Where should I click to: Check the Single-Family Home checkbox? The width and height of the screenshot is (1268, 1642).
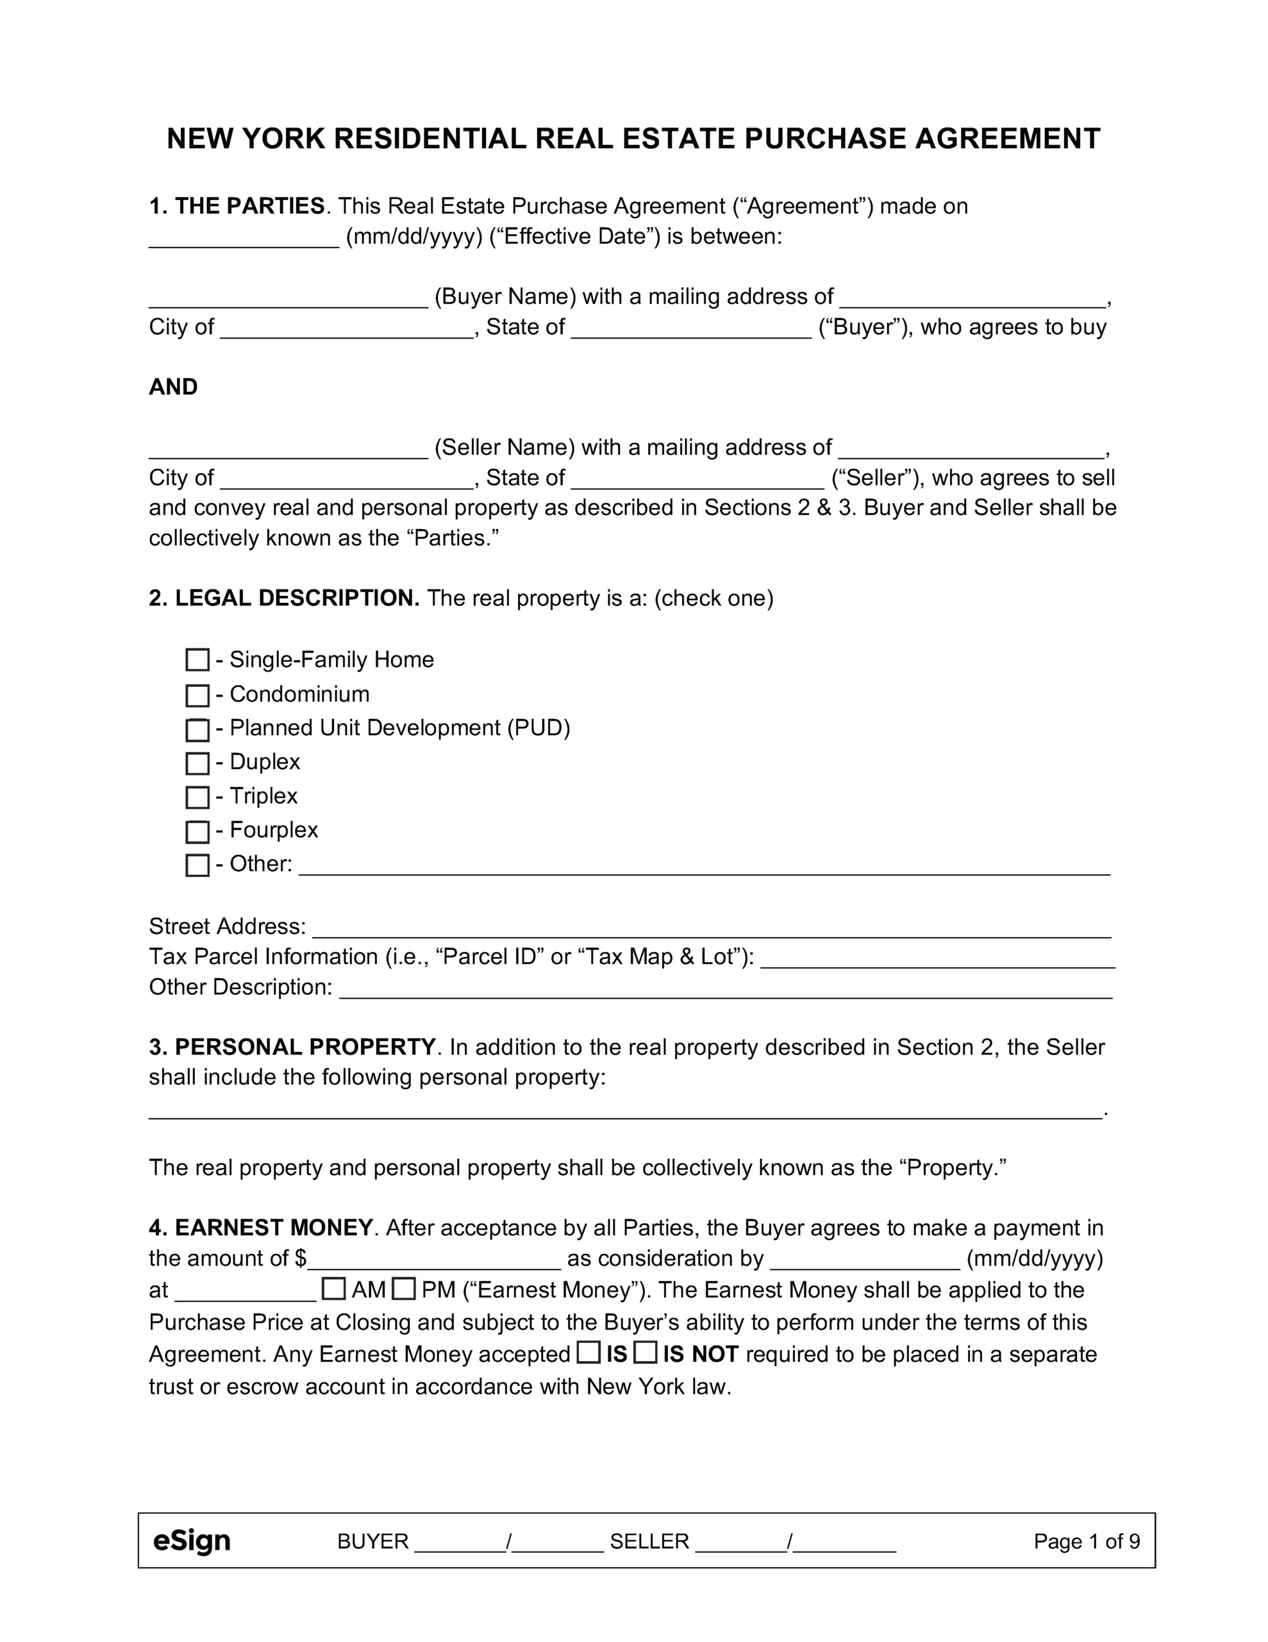click(x=197, y=660)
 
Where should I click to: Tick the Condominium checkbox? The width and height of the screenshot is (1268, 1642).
click(x=197, y=695)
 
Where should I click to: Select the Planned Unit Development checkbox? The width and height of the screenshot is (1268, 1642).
click(x=197, y=729)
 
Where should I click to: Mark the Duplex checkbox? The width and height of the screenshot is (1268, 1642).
click(x=197, y=763)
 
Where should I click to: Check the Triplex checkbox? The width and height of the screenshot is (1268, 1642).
click(x=197, y=797)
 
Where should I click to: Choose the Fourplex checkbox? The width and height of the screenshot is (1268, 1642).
click(x=197, y=831)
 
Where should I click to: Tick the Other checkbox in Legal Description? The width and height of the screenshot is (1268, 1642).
click(x=197, y=865)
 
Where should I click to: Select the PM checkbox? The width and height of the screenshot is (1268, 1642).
click(x=404, y=1289)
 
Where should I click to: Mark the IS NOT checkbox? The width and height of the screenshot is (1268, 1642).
click(x=645, y=1353)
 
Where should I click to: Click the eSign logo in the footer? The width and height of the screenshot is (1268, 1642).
click(x=192, y=1541)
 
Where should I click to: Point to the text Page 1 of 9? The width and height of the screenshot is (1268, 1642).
click(x=1086, y=1541)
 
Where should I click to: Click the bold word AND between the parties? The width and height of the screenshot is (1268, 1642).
click(x=174, y=387)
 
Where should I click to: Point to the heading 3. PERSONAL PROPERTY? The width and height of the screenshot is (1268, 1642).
click(x=292, y=1047)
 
